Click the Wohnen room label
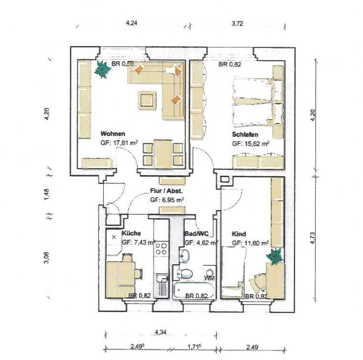[113, 134]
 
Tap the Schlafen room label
[245, 135]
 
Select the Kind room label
[239, 234]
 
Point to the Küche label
[131, 233]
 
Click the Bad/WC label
[196, 234]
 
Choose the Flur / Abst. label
[166, 191]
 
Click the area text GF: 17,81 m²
[119, 143]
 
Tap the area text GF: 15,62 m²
[251, 144]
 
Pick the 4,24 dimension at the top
[131, 23]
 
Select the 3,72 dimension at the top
[237, 23]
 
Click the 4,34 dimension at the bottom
[161, 332]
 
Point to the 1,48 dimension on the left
[46, 194]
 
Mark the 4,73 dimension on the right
[312, 238]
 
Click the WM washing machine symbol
[210, 275]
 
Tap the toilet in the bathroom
[185, 274]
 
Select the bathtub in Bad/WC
[194, 290]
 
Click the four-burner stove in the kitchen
[161, 249]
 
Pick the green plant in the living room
[102, 69]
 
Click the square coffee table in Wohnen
[147, 100]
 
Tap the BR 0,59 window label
[123, 64]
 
